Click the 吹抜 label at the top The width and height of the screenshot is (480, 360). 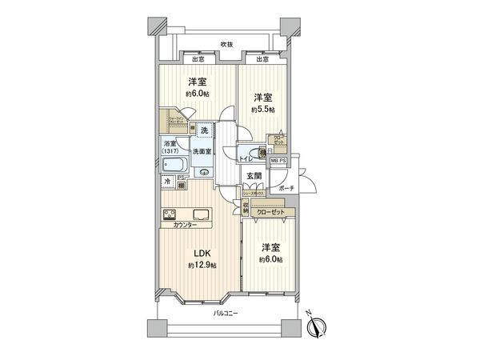coord(226,45)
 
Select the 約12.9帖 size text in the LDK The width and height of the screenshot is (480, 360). coord(202,265)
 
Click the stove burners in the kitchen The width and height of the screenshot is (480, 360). coord(170,214)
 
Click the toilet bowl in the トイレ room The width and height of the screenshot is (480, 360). coord(255,154)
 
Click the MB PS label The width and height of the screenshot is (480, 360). coord(278,161)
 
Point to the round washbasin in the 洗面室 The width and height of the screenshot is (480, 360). coord(204,170)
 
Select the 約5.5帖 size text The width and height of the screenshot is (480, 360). coord(262,109)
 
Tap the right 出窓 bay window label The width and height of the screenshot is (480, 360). coord(262,59)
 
